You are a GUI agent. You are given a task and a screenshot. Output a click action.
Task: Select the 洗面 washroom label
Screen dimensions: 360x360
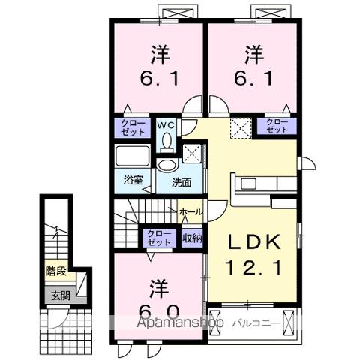coord(181,181)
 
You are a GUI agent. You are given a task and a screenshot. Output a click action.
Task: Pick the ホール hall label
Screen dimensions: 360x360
coord(190,213)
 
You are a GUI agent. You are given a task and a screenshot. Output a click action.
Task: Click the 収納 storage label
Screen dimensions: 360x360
coord(193,238)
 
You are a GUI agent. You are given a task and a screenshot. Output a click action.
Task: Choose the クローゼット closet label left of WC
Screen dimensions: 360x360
coord(130,127)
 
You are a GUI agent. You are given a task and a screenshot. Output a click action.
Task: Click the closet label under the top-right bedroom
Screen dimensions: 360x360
coord(277,127)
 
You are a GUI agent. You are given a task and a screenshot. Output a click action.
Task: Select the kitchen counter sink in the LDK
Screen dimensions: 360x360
coord(251,182)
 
